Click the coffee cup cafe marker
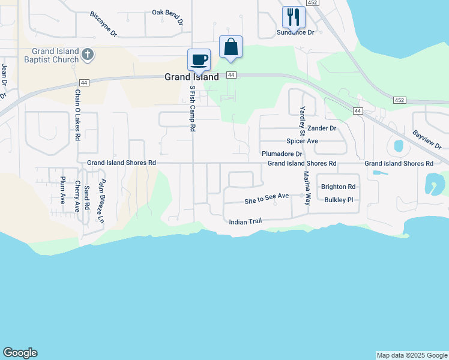coord(199,59)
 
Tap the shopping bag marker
coord(231,47)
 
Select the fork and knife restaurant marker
coord(293,17)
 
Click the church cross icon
coord(87,55)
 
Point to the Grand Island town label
coord(192,77)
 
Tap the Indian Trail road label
coord(246,221)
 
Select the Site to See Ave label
coord(267,196)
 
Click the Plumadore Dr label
coord(281,154)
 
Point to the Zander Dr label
coord(321,128)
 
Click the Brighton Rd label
coord(339,187)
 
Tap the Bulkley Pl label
coord(340,200)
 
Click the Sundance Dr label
coord(295,32)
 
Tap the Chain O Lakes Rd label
coord(77,115)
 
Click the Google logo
coord(20,353)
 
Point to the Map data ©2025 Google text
coord(412,355)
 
